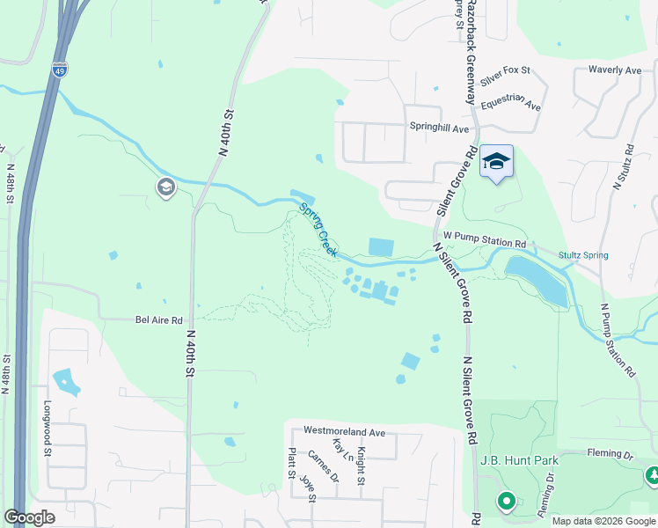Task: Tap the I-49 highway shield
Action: pyautogui.click(x=59, y=70)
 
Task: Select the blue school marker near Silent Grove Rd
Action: pyautogui.click(x=496, y=162)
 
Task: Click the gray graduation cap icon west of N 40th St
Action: pyautogui.click(x=165, y=187)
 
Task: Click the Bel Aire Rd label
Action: pyautogui.click(x=158, y=320)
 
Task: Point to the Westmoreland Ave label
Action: pyautogui.click(x=345, y=432)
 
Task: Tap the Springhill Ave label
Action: pyautogui.click(x=440, y=128)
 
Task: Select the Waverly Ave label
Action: pyautogui.click(x=615, y=70)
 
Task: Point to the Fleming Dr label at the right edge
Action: pyautogui.click(x=616, y=455)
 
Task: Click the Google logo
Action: pyautogui.click(x=29, y=517)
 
